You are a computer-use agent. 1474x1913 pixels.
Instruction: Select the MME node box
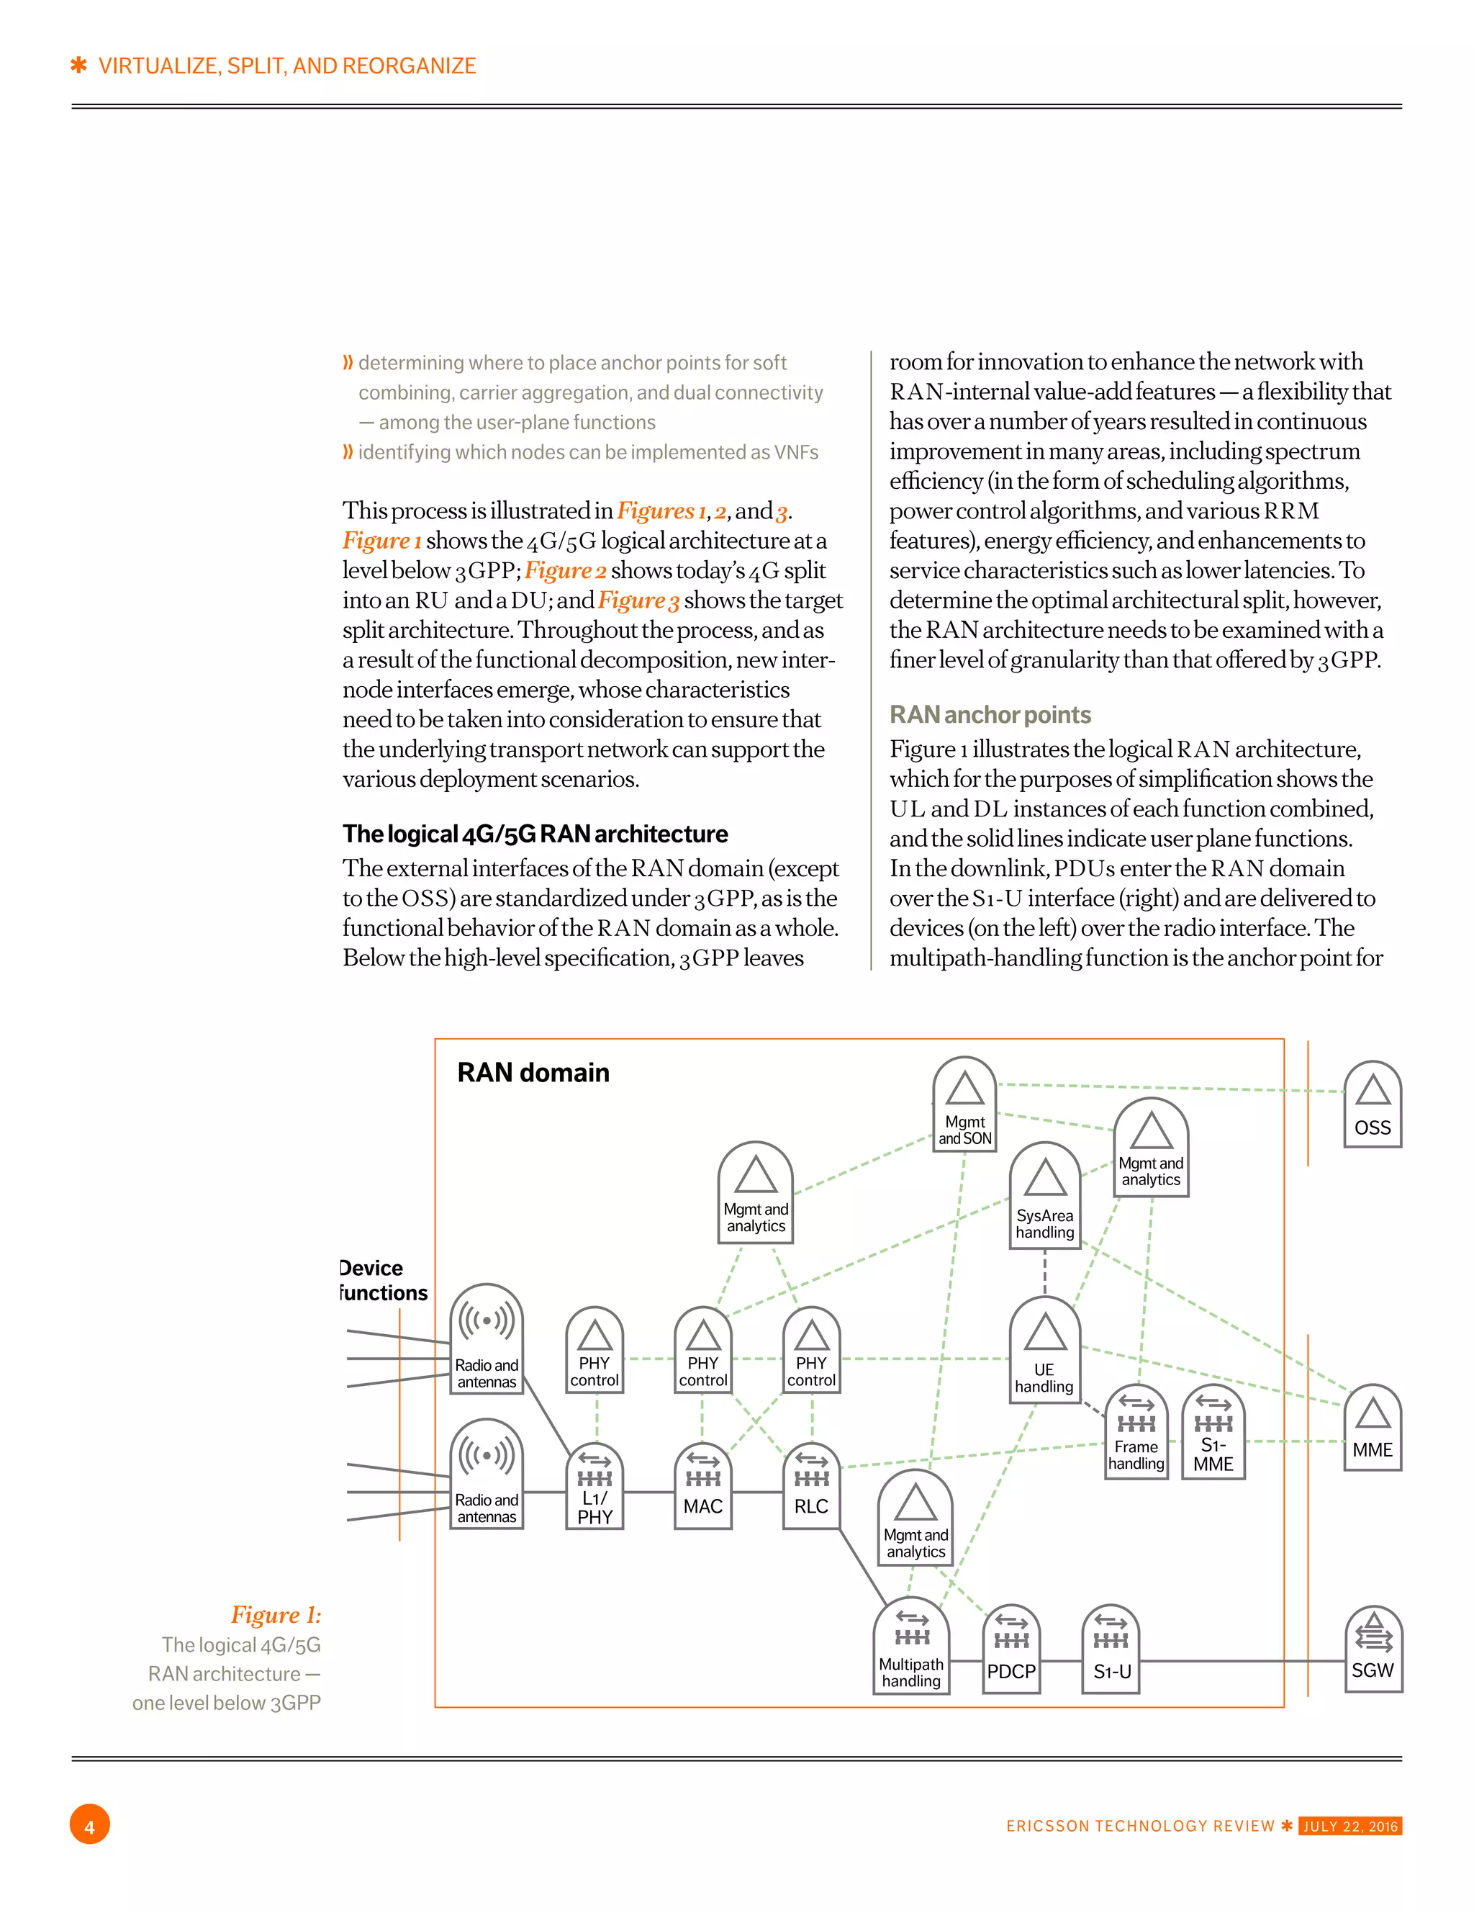1372,1427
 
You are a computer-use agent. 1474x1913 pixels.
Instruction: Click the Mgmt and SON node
964,1104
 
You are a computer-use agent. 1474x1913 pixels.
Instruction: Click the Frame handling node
1136,1431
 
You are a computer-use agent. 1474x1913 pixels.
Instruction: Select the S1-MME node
1212,1431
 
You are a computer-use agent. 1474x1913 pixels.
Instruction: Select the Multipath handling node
911,1646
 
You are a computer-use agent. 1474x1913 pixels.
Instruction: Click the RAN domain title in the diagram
533,1072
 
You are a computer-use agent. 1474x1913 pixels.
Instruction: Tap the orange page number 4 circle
89,1824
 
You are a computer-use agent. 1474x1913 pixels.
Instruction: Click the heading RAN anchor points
990,715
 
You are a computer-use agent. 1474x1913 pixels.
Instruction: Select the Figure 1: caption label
276,1614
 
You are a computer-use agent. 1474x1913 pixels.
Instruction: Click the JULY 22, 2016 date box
1349,1825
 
